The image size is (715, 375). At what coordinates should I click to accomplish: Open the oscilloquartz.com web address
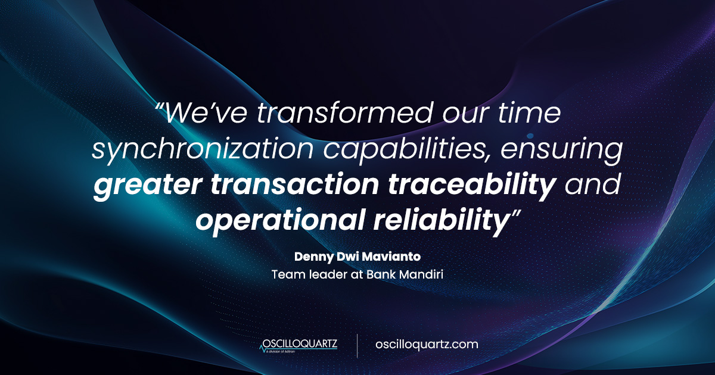[427, 344]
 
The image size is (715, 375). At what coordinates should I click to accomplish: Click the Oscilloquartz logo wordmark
[300, 343]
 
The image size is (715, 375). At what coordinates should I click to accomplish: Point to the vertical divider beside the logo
[357, 345]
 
